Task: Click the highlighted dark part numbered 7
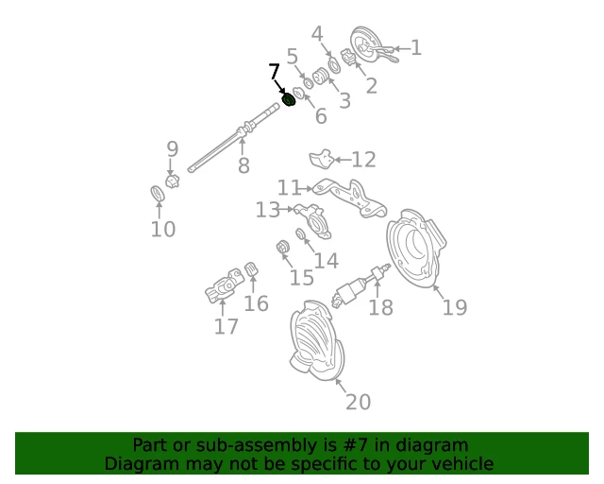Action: coord(288,101)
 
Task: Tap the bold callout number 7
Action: coord(274,72)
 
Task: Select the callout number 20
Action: coord(359,402)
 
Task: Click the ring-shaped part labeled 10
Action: coord(158,194)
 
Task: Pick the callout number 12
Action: coord(363,160)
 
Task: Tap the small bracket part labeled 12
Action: coord(322,159)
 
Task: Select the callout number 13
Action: coord(268,210)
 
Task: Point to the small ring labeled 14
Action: coord(301,233)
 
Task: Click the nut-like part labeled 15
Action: coord(283,247)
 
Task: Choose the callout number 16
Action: coord(257,303)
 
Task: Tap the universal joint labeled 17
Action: coord(225,286)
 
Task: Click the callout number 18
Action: coord(380,307)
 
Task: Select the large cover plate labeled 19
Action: coord(416,249)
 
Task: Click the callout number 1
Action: coord(416,48)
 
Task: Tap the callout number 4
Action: coord(317,34)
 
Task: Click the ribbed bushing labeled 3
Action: coord(321,76)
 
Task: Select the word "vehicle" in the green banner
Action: coord(461,463)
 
